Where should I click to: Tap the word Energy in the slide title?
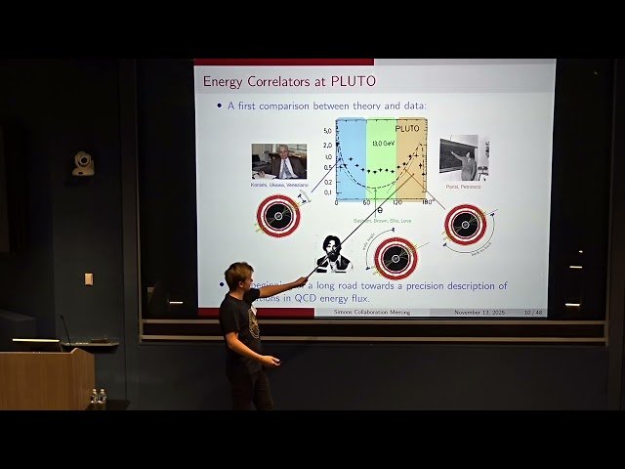(x=222, y=81)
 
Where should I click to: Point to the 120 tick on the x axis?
(x=397, y=203)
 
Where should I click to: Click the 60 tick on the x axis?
(x=366, y=203)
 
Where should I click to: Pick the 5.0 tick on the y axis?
(x=328, y=129)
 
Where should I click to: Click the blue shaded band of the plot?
(x=351, y=161)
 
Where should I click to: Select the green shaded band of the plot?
(x=381, y=166)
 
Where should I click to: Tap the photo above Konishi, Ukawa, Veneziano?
(x=279, y=161)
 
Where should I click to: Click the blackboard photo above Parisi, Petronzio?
(x=464, y=157)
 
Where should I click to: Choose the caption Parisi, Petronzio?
(x=464, y=187)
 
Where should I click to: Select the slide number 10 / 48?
(x=533, y=312)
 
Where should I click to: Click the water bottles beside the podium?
(x=98, y=398)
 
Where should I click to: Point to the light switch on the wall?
(x=89, y=278)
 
